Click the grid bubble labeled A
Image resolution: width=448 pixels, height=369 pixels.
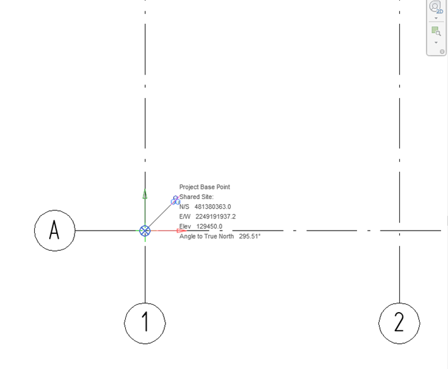tap(54, 231)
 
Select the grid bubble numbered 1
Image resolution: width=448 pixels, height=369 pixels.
tap(145, 324)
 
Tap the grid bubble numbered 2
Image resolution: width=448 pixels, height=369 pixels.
tap(399, 324)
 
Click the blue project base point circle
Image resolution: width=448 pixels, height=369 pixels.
tap(145, 231)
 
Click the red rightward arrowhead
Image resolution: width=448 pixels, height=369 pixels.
tap(182, 231)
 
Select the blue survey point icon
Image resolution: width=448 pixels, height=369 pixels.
tap(176, 200)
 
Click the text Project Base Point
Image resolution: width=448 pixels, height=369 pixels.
tap(205, 187)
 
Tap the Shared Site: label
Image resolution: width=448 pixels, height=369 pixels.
tap(197, 197)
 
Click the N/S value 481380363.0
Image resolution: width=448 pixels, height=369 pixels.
tap(212, 207)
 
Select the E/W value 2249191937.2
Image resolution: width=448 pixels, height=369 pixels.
tap(215, 217)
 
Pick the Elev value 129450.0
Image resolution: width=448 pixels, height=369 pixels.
tap(209, 226)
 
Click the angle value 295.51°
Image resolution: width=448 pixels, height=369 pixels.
tap(250, 236)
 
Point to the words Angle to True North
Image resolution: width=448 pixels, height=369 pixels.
tap(206, 236)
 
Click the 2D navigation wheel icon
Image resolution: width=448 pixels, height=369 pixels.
tap(436, 7)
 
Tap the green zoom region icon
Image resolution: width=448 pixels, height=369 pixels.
tap(436, 31)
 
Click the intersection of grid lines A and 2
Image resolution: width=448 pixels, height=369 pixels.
tap(399, 231)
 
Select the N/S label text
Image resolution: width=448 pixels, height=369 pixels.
tap(185, 207)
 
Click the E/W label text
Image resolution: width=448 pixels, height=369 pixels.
tap(185, 217)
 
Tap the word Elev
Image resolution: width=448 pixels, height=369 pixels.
tap(185, 226)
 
